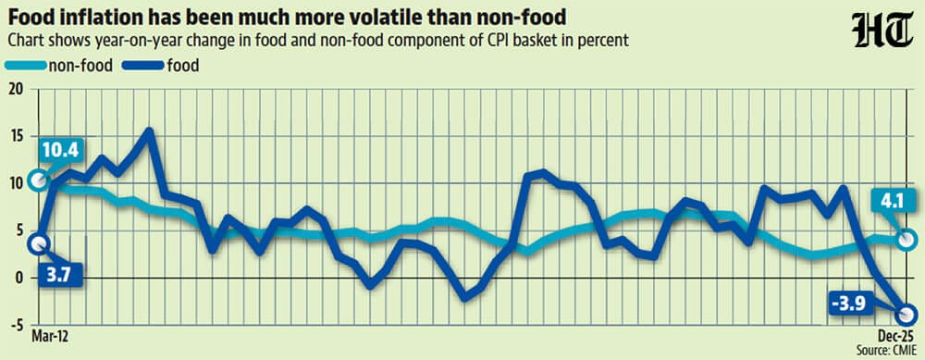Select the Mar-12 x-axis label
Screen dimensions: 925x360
[50, 336]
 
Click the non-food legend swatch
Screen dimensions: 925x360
[26, 66]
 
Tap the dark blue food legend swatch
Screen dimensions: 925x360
[142, 66]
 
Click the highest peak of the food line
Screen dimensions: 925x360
[150, 131]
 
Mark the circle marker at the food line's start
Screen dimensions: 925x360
[38, 243]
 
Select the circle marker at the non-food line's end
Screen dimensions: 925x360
[907, 240]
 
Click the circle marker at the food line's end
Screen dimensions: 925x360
[907, 314]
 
